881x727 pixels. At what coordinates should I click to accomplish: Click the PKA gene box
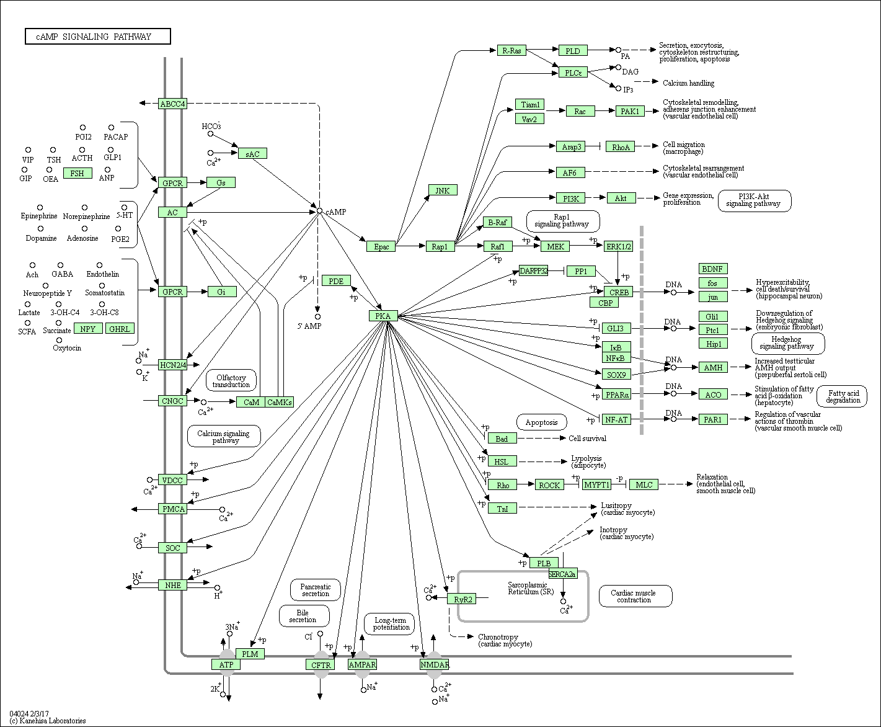pyautogui.click(x=383, y=316)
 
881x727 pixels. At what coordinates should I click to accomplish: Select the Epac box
pyautogui.click(x=381, y=246)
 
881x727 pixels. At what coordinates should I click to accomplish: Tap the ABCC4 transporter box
pyautogui.click(x=172, y=104)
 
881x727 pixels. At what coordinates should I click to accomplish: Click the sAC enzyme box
pyautogui.click(x=252, y=154)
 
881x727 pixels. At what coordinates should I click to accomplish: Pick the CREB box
pyautogui.click(x=619, y=292)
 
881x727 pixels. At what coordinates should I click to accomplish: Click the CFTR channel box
pyautogui.click(x=321, y=665)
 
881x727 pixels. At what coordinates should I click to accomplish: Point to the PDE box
pyautogui.click(x=336, y=281)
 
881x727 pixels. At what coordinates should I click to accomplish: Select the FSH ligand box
pyautogui.click(x=77, y=173)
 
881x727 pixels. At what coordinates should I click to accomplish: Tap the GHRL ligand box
pyautogui.click(x=120, y=329)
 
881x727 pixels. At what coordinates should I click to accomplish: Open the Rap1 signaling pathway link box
pyautogui.click(x=563, y=221)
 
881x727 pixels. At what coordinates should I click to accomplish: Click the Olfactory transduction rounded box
pyautogui.click(x=231, y=380)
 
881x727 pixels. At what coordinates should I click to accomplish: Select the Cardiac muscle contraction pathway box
pyautogui.click(x=635, y=596)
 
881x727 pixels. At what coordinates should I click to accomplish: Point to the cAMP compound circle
pyautogui.click(x=319, y=211)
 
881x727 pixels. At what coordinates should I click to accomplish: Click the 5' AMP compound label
pyautogui.click(x=309, y=326)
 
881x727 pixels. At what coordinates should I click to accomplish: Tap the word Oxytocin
pyautogui.click(x=67, y=348)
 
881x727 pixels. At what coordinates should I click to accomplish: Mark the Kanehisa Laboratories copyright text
pyautogui.click(x=48, y=721)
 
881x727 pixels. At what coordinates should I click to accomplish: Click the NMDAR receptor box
pyautogui.click(x=435, y=665)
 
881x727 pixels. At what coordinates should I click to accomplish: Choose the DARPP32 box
pyautogui.click(x=533, y=270)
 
